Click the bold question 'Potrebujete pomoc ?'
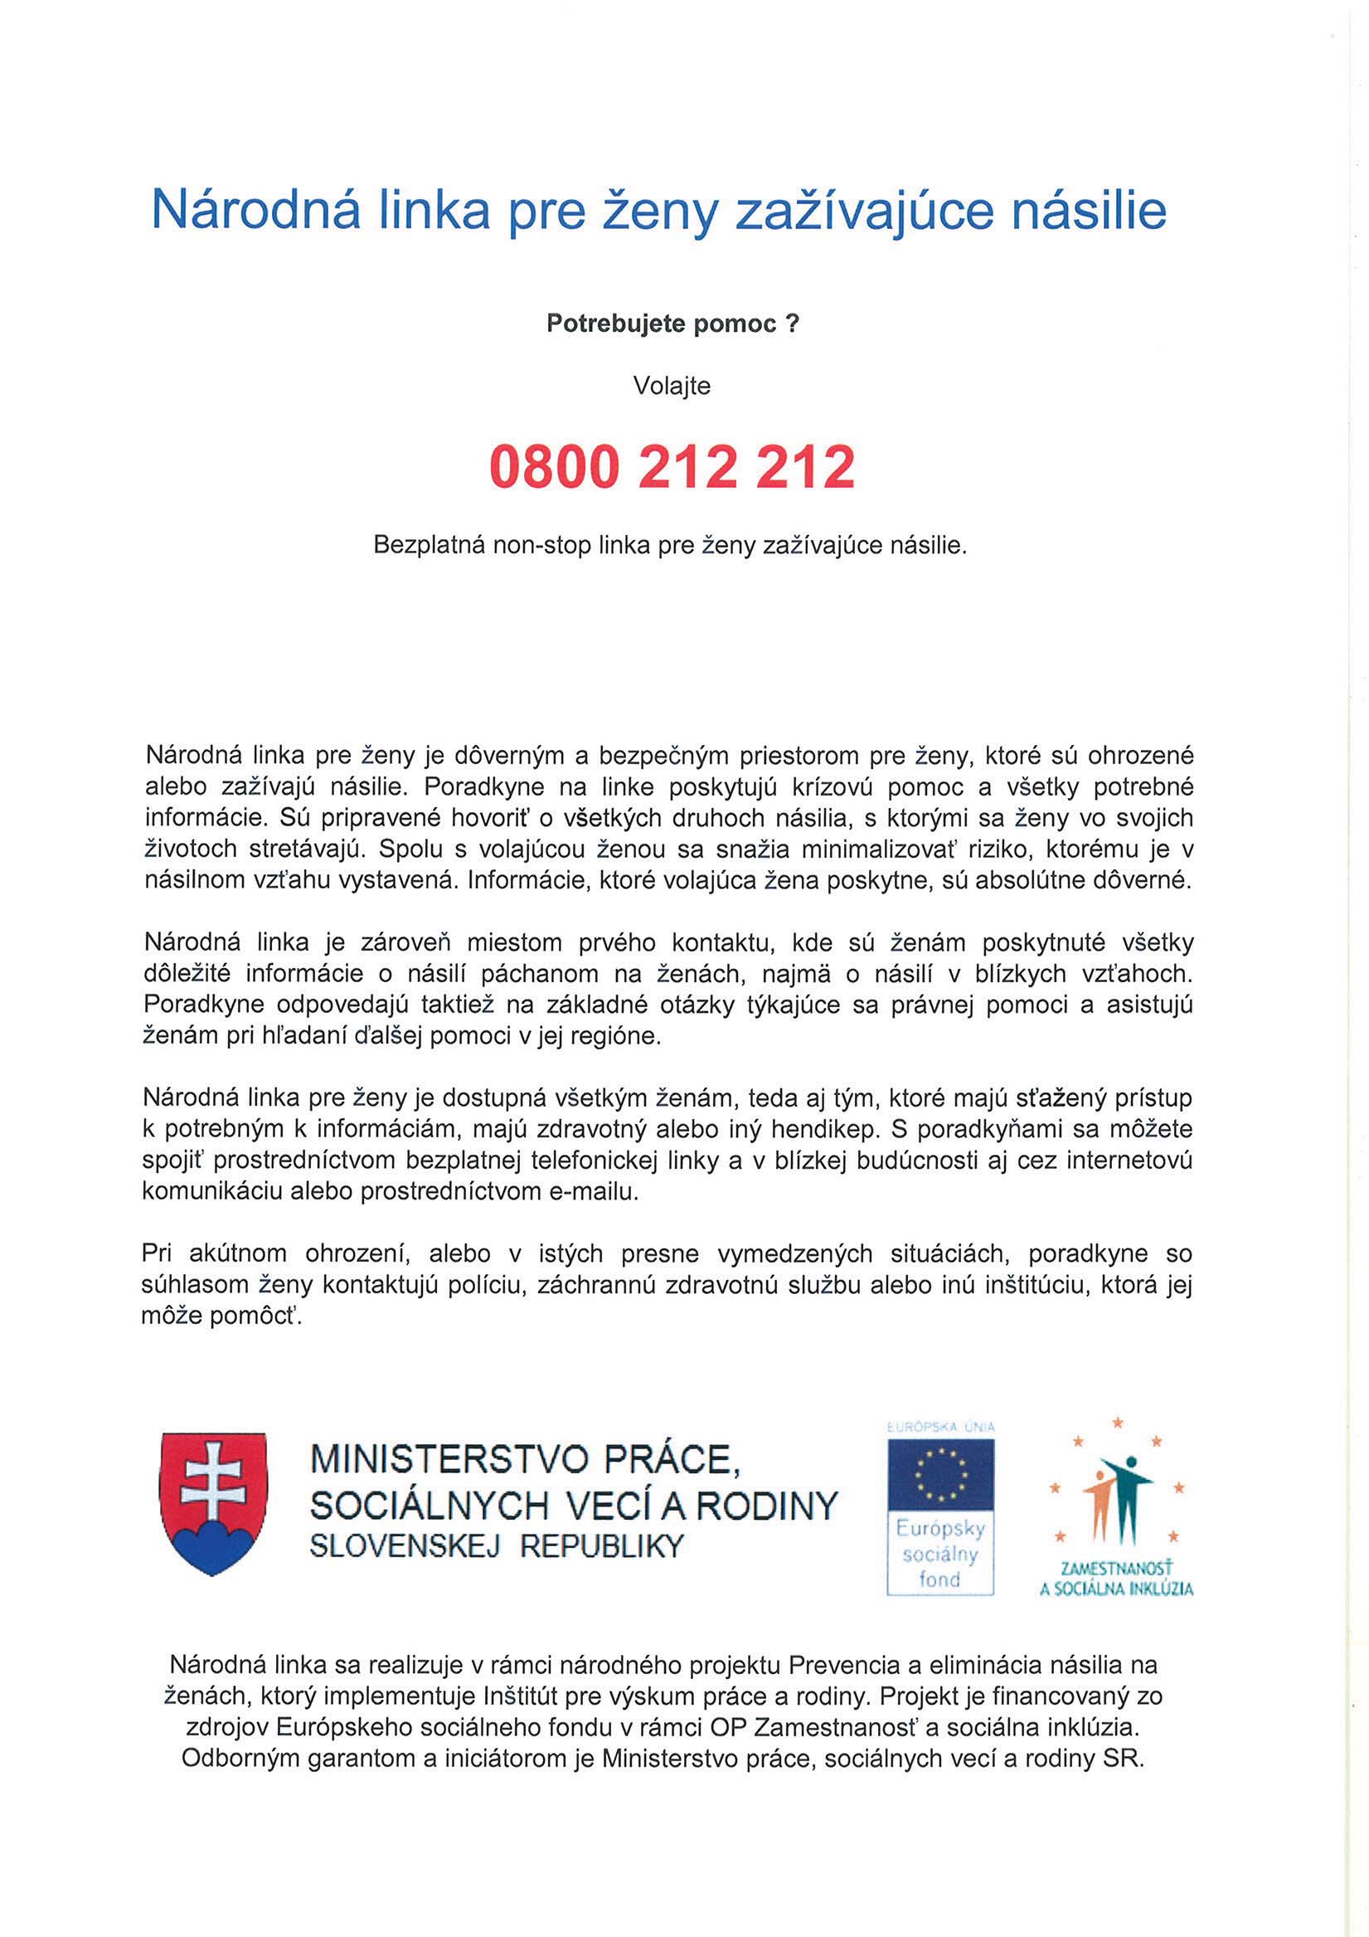pos(672,325)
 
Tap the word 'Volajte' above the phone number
pos(672,387)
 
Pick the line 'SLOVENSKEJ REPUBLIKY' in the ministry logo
pos(496,1545)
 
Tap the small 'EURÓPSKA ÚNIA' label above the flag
pos(939,1427)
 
